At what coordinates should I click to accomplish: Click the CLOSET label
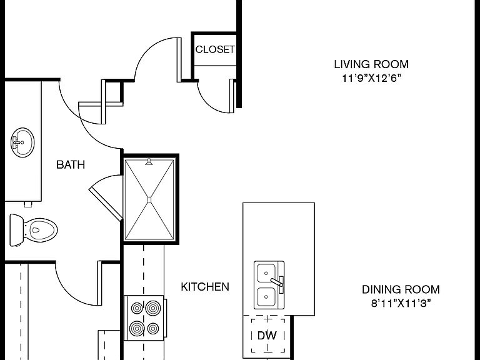[x=215, y=49]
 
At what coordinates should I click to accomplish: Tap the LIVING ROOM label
[x=371, y=64]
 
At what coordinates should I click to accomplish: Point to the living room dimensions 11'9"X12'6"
[x=371, y=78]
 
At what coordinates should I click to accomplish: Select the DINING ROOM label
[x=401, y=289]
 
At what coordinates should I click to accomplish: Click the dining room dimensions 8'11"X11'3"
[x=401, y=303]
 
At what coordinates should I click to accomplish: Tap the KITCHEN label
[x=205, y=287]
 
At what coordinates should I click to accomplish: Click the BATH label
[x=71, y=165]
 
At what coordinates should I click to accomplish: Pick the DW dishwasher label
[x=267, y=336]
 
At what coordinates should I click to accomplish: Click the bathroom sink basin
[x=22, y=142]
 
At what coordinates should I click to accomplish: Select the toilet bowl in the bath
[x=40, y=230]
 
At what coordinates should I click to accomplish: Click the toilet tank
[x=16, y=230]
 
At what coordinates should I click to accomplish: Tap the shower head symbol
[x=149, y=162]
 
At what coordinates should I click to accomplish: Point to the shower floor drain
[x=149, y=200]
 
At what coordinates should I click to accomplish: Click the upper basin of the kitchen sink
[x=266, y=273]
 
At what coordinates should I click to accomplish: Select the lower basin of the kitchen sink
[x=266, y=297]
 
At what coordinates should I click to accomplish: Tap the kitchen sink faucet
[x=277, y=282]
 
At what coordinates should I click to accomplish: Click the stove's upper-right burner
[x=153, y=308]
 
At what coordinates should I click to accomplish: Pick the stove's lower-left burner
[x=137, y=329]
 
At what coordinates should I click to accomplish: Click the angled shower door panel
[x=106, y=204]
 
